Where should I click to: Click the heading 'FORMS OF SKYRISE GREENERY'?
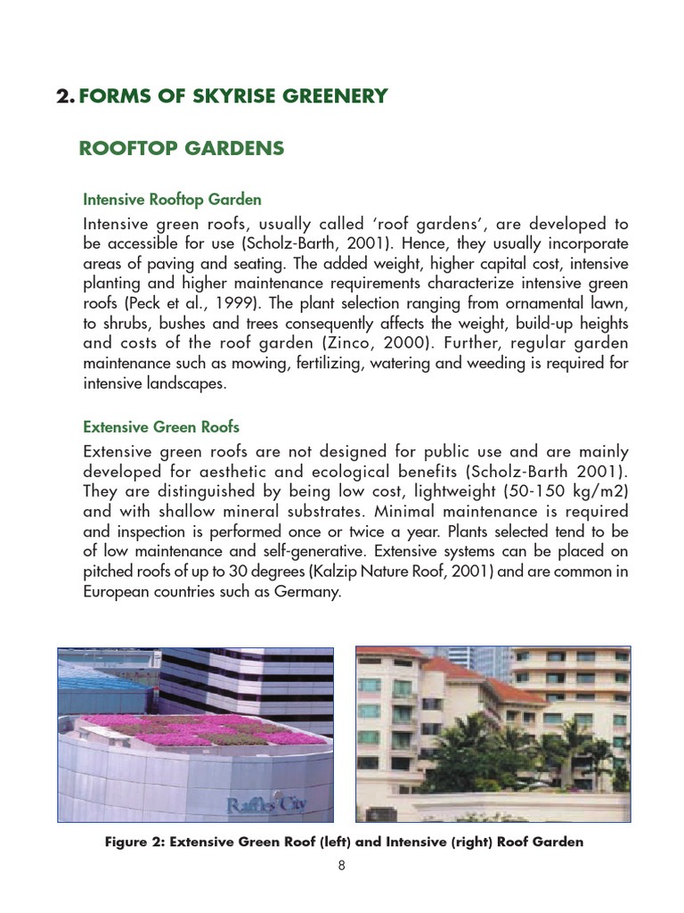[233, 96]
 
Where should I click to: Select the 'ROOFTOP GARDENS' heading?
[182, 149]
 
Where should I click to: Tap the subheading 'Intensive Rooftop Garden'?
[172, 200]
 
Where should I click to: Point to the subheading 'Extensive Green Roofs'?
[161, 427]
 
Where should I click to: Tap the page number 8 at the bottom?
[341, 865]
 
